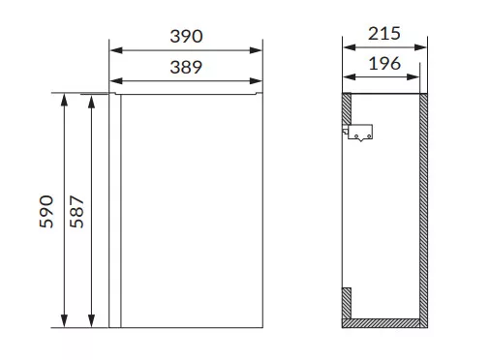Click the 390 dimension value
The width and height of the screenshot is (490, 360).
(x=186, y=36)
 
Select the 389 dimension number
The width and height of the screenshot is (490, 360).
(x=186, y=68)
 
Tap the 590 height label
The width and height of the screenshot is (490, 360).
(x=46, y=212)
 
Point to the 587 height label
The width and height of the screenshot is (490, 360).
(x=77, y=212)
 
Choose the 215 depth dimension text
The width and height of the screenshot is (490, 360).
(x=384, y=34)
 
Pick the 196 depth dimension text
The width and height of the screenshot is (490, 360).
(x=384, y=64)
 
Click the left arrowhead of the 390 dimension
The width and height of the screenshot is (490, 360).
(x=116, y=50)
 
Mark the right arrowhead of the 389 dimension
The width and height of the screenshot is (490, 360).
(x=256, y=81)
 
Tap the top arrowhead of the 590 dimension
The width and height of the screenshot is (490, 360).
(x=65, y=100)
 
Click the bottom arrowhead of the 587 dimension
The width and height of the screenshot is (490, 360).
(x=92, y=321)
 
